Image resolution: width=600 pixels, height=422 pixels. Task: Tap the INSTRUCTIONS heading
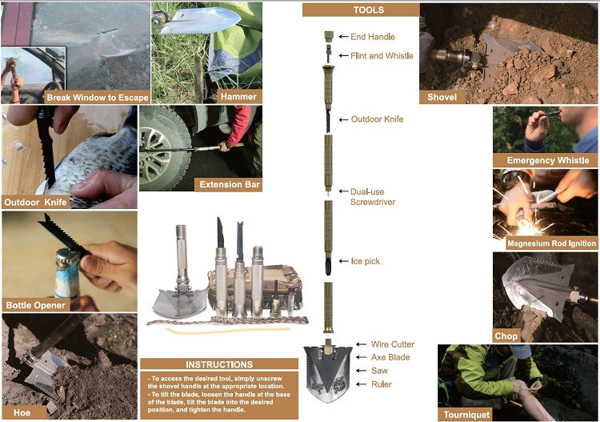pos(219,364)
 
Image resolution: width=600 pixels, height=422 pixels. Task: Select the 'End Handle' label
pos(373,37)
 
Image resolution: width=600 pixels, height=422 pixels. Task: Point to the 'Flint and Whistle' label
pos(382,55)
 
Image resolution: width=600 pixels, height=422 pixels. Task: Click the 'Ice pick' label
pos(366,261)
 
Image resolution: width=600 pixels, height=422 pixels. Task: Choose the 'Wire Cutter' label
pos(393,344)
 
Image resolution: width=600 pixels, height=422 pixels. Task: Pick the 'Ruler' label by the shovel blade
pos(381,384)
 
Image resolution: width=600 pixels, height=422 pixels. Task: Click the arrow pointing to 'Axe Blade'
pos(362,357)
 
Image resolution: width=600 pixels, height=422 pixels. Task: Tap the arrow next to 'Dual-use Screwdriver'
pos(343,191)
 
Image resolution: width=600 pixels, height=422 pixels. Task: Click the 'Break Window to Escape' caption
pos(98,97)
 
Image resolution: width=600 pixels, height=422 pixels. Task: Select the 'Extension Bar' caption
pos(230,185)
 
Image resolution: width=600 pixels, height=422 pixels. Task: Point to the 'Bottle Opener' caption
pos(35,305)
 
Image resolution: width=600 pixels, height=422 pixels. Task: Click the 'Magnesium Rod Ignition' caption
pos(551,243)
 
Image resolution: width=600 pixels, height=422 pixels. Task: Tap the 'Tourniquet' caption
pos(466,415)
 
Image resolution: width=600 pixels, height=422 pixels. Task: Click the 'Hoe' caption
pos(22,412)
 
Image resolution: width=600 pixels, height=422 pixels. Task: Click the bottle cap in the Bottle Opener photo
pos(68,255)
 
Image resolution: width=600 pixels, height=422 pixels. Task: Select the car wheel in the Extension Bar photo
pos(157,151)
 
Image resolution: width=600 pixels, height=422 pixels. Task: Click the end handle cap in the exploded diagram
pos(329,36)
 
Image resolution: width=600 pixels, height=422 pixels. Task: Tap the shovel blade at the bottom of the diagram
pos(328,372)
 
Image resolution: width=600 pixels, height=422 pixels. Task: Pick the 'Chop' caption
pos(506,336)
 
